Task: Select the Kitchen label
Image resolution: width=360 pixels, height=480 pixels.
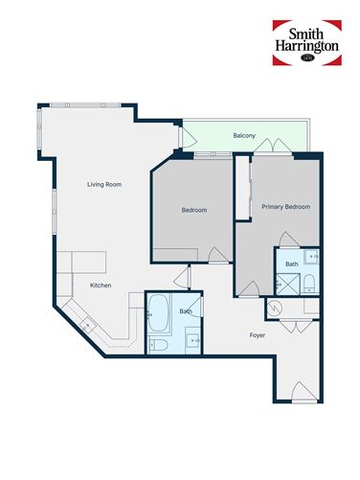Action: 101,286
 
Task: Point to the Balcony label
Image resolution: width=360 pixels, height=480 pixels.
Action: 244,136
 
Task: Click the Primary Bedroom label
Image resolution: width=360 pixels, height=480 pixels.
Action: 286,207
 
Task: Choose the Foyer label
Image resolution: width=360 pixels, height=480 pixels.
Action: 258,335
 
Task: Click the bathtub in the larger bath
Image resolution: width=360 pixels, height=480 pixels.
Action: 158,311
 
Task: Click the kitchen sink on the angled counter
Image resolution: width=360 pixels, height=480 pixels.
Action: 87,324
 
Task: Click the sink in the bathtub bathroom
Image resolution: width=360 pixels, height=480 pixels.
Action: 193,338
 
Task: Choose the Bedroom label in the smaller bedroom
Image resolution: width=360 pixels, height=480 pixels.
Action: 194,210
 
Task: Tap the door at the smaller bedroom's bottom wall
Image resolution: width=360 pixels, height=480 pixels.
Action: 217,255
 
